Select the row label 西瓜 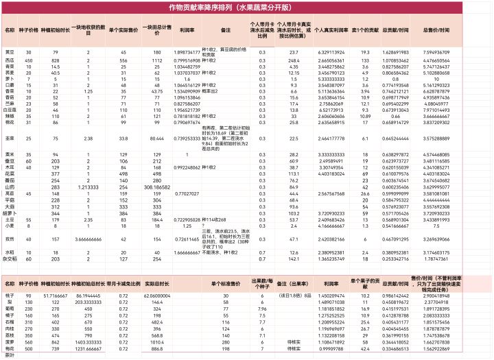tap(10, 61)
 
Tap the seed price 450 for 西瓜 tap(28, 61)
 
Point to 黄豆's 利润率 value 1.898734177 tap(185, 52)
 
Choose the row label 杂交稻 tap(10, 260)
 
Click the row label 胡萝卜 tap(10, 214)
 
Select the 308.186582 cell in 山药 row tap(157, 186)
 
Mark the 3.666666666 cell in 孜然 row tap(89, 239)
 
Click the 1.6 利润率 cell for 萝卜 tap(185, 80)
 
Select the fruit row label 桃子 tap(10, 294)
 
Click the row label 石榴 tap(10, 322)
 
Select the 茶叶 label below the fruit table tap(10, 355)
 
